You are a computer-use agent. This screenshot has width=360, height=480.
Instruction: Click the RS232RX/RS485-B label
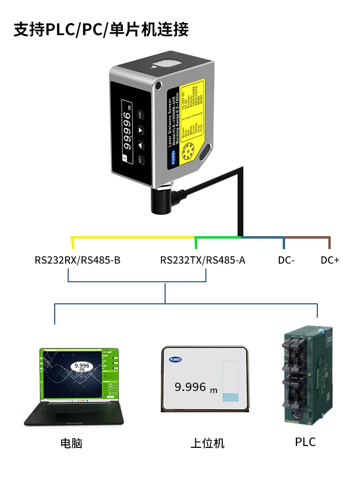(77, 261)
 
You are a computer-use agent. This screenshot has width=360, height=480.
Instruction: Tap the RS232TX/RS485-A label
(203, 261)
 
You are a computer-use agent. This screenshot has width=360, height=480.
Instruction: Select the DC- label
(286, 261)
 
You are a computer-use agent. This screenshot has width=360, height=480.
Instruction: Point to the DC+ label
(330, 261)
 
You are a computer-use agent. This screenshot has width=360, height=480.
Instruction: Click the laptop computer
(77, 384)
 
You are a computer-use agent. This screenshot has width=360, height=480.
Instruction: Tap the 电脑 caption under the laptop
(72, 443)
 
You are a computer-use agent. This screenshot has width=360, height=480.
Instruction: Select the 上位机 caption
(207, 443)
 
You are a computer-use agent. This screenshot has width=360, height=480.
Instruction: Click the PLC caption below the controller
(305, 442)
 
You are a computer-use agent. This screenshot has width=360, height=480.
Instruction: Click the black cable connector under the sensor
(160, 199)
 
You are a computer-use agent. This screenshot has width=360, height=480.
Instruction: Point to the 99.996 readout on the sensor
(127, 127)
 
